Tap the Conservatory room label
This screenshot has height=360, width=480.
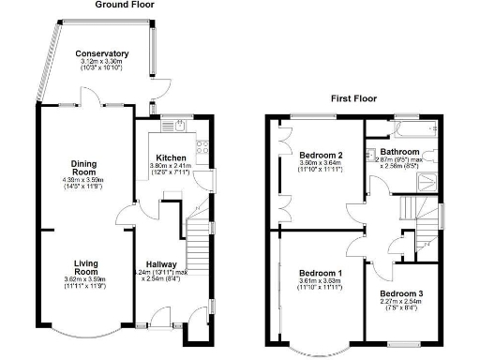(x=102, y=54)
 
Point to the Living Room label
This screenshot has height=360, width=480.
(x=85, y=265)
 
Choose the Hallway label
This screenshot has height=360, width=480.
(x=170, y=265)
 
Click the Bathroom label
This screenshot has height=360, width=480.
(x=398, y=151)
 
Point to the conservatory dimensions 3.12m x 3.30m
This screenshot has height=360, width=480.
(x=102, y=63)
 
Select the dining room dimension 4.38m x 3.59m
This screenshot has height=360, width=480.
(x=85, y=180)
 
